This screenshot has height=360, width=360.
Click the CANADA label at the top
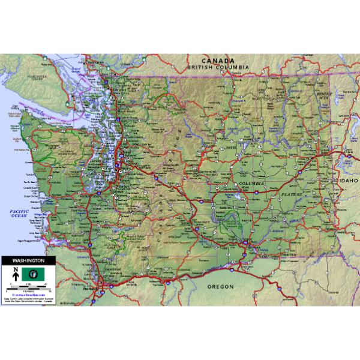pyautogui.click(x=218, y=61)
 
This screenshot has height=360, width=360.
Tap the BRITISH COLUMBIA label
pyautogui.click(x=218, y=67)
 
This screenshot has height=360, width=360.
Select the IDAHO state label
pyautogui.click(x=347, y=179)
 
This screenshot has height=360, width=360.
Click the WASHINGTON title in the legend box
pyautogui.click(x=28, y=261)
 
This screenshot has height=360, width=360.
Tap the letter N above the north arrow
pyautogui.click(x=15, y=269)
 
